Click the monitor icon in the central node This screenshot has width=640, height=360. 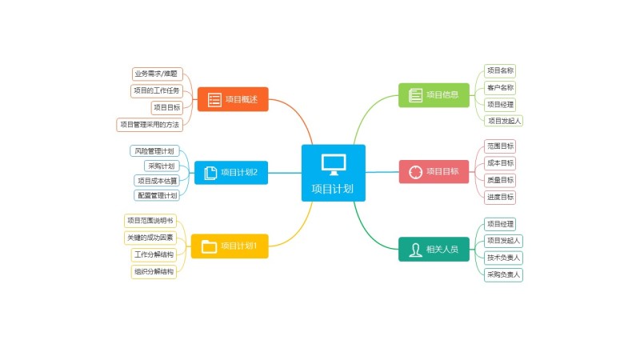(334, 164)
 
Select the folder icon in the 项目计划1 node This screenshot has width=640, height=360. (209, 246)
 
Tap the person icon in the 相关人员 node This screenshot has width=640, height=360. (416, 250)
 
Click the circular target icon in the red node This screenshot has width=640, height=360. (415, 172)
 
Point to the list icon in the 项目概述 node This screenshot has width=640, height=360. (214, 100)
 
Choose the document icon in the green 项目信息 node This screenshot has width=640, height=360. (415, 95)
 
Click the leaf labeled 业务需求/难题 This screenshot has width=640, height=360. (158, 74)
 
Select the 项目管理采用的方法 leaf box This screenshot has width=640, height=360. (150, 124)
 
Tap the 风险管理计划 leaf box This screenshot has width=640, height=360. (153, 150)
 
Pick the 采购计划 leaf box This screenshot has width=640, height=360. (161, 166)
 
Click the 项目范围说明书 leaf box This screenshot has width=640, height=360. (150, 221)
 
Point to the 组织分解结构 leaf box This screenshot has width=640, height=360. (154, 272)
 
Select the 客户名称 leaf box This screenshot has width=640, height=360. (500, 87)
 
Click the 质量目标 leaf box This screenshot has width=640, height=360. (500, 180)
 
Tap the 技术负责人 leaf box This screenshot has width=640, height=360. (504, 258)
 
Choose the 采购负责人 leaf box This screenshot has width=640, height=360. (504, 274)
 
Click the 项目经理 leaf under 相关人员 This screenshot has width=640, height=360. (500, 224)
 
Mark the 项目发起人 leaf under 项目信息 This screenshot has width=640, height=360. (504, 121)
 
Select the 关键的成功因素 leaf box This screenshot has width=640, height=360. (150, 238)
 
